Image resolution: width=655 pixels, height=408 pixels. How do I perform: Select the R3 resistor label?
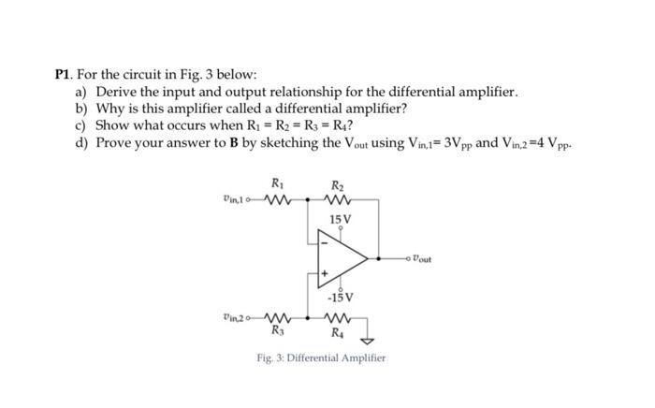pos(277,330)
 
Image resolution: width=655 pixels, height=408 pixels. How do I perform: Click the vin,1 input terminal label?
pos(237,198)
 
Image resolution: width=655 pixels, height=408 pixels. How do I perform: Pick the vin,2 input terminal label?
pos(237,317)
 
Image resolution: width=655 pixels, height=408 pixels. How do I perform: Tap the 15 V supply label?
pos(341,219)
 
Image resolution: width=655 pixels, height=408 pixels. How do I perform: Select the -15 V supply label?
pos(341,299)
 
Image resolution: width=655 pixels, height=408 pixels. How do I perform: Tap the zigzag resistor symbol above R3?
pos(278,316)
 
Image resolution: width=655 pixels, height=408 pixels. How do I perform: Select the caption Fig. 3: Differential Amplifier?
pos(321,357)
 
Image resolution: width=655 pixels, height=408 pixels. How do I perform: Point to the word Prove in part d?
pos(118,143)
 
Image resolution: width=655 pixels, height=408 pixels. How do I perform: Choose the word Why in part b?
pos(111,109)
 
